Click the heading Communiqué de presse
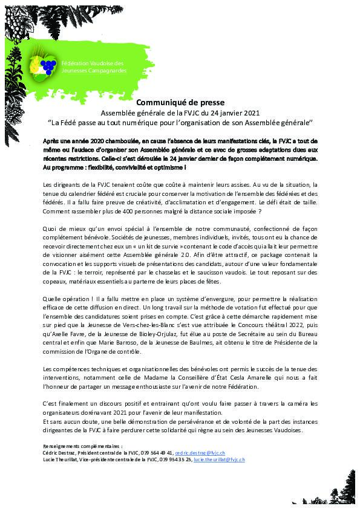pyautogui.click(x=180, y=103)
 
